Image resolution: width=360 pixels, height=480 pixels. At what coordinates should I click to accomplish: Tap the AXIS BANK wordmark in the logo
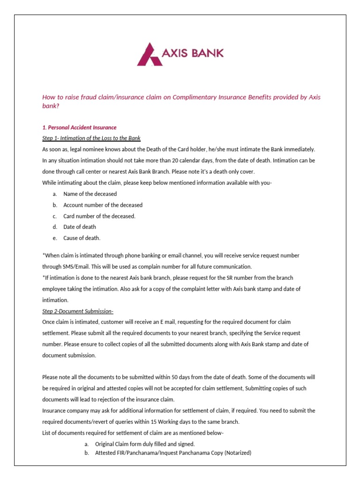192,53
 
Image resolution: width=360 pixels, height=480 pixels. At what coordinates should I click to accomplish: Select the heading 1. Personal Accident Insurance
79,127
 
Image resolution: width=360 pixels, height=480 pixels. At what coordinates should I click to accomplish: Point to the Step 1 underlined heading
91,138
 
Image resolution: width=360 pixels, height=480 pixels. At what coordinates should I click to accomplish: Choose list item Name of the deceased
90,194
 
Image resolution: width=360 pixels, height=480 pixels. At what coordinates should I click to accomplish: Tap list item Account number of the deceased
103,205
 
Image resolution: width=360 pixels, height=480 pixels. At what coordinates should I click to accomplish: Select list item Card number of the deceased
99,216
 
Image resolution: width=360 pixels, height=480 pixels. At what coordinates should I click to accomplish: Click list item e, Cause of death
82,238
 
